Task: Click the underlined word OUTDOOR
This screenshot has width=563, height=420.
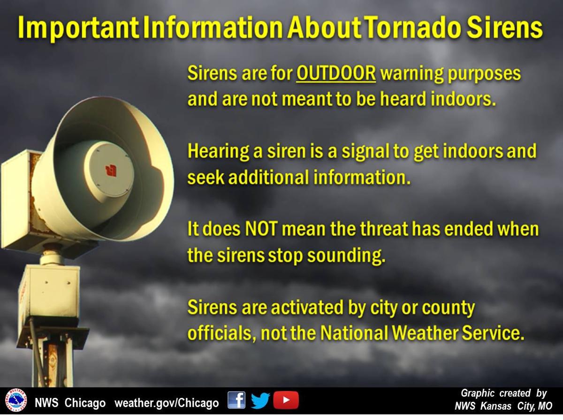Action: pos(336,74)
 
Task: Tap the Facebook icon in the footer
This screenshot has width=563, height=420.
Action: pos(236,400)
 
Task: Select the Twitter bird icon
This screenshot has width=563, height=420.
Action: pos(260,400)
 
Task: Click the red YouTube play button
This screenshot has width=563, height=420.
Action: pos(286,400)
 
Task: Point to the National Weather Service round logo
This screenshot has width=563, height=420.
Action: pos(16,400)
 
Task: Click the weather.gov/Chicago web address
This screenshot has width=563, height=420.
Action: pos(167,403)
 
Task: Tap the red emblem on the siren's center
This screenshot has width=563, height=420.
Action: pos(111,170)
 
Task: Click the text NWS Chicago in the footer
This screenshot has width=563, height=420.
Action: pos(70,403)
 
